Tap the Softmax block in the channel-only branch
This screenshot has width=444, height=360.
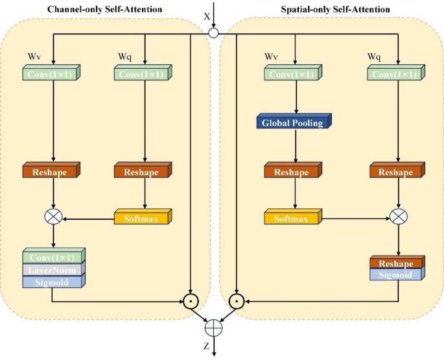[143, 217]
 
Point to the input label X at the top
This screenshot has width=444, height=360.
[207, 16]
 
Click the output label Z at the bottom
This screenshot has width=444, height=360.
[206, 346]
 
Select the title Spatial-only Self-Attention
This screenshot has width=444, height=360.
[336, 8]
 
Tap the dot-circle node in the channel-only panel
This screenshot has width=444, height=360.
[190, 301]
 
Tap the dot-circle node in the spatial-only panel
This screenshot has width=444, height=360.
[237, 301]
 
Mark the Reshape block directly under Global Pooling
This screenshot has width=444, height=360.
[292, 173]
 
